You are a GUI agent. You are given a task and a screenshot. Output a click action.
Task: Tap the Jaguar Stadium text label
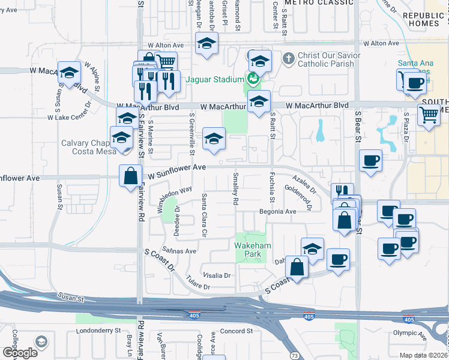click(213, 79)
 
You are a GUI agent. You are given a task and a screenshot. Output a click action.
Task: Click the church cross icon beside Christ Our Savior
click(288, 58)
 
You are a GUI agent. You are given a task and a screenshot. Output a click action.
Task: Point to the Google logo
click(20, 352)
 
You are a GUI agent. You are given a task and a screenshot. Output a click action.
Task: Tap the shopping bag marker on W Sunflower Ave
click(130, 176)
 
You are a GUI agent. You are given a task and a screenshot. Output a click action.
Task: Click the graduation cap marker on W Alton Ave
click(206, 44)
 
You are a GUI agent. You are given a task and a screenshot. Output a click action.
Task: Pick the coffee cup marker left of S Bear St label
click(370, 161)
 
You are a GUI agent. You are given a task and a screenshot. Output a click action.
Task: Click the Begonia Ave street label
click(278, 212)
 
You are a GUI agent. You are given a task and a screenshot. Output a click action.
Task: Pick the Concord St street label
click(233, 331)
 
